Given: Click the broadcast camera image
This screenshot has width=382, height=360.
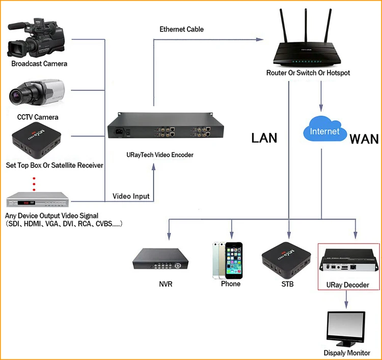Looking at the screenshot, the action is point(36,38).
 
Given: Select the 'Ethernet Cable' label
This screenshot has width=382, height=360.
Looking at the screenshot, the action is point(181,29).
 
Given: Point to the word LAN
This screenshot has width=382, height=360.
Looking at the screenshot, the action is point(264,138).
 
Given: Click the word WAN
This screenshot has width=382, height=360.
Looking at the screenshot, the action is point(364,140).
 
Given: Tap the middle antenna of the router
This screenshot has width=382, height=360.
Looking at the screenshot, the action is point(306,29).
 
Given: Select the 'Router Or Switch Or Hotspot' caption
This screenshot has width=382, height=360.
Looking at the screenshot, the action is point(308,73).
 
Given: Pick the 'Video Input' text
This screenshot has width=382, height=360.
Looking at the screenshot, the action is point(131,196).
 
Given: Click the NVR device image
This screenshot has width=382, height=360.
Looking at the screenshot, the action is point(160,259).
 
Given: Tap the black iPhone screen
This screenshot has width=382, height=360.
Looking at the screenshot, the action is point(234,261).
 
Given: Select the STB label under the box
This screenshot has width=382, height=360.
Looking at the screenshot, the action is point(287,284).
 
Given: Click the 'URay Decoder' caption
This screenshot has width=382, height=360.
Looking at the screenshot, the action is point(348,285).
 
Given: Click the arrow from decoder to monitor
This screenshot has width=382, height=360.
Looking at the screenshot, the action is point(346,299).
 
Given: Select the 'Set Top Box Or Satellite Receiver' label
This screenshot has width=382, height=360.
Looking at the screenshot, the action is point(54,165).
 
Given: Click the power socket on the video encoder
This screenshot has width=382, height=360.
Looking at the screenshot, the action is point(119,131).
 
